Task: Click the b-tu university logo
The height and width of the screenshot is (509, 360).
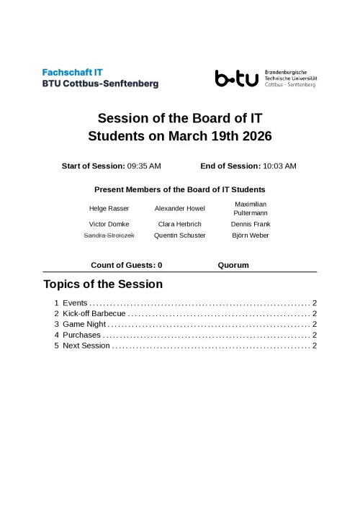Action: (x=237, y=78)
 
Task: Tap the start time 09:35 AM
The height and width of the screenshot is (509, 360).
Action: (x=144, y=166)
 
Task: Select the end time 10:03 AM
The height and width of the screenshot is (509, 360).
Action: (x=279, y=166)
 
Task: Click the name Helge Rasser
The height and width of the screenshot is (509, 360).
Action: (x=109, y=209)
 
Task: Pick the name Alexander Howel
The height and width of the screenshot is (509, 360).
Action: (x=179, y=209)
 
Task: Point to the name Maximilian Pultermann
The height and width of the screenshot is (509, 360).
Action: (x=251, y=209)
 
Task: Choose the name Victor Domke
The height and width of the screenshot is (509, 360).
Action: (x=109, y=225)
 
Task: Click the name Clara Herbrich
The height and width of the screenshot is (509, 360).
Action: (x=179, y=225)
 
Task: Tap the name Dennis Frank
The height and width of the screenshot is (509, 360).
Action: (x=251, y=225)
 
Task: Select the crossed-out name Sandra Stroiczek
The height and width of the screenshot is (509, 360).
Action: (x=109, y=235)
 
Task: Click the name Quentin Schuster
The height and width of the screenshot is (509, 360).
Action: (x=179, y=235)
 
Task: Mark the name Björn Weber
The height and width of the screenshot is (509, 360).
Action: (x=251, y=235)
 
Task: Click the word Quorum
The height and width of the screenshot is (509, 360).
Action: (x=233, y=265)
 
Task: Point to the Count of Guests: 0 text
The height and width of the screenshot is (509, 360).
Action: (x=126, y=265)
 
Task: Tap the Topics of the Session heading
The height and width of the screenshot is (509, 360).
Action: (x=103, y=284)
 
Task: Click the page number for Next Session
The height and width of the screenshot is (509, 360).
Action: (x=315, y=346)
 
